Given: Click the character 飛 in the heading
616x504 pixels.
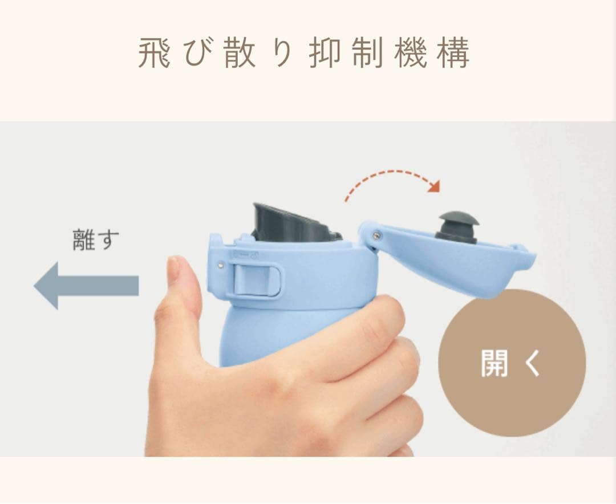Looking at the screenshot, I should pos(154,54).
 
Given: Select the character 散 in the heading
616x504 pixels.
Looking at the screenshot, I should pos(240,54).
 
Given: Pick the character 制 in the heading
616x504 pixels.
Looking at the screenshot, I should pos(368,54).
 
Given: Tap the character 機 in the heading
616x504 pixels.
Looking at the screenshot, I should pos(411,54).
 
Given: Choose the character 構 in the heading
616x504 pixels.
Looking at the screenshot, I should pos(453,54).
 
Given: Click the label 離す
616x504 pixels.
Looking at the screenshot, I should pos(96,239).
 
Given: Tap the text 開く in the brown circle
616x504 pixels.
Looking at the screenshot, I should pos(511,363).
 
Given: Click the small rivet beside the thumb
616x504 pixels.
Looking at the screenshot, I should pos(221,263).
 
